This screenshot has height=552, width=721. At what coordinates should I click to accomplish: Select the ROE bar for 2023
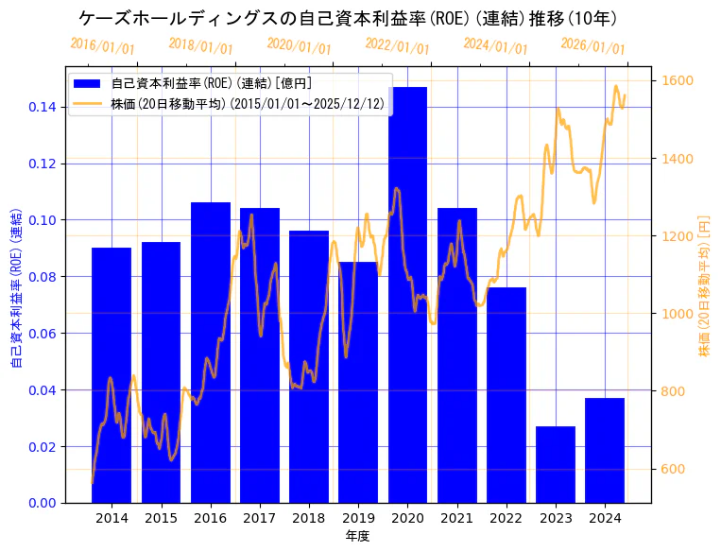pos(556,464)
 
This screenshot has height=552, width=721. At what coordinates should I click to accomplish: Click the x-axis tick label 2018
pos(309,518)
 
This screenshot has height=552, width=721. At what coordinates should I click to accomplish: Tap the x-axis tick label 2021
pos(457,518)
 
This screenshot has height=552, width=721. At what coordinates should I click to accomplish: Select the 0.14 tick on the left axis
pos(41,107)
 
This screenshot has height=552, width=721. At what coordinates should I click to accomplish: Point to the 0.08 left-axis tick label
pos(41,277)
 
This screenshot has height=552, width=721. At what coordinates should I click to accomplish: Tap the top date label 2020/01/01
pos(299,45)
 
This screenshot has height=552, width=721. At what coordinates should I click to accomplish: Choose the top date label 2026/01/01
pos(592,45)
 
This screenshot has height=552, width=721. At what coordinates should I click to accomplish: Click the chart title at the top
pos(348,18)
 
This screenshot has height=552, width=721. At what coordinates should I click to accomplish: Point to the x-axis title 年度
pos(358,536)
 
